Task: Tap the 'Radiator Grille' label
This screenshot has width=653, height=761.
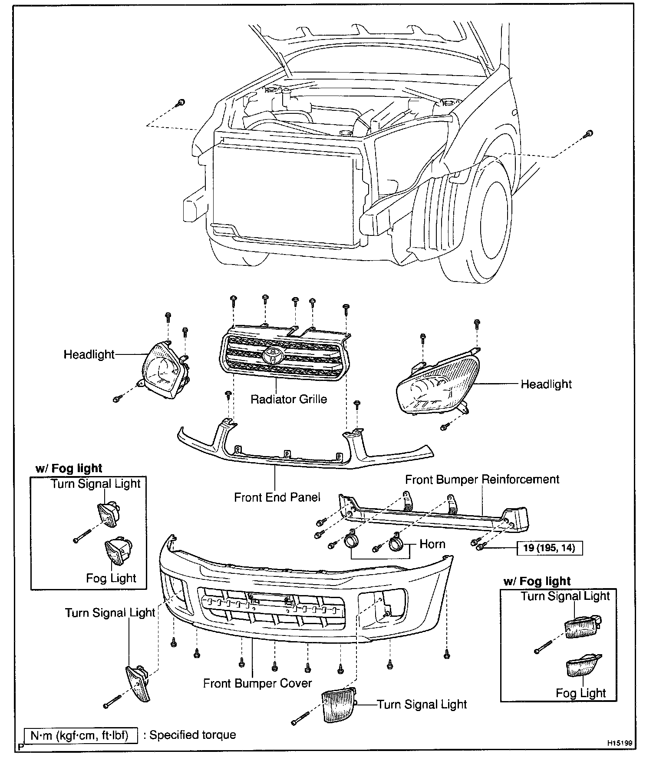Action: point(289,399)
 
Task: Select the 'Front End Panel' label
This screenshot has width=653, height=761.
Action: point(277,497)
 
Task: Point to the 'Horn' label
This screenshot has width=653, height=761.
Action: point(432,544)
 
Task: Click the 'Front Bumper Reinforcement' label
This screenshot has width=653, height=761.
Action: point(482,480)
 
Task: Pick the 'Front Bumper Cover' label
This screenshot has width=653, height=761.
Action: point(257,683)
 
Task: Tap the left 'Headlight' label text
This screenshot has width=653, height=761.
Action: point(89,354)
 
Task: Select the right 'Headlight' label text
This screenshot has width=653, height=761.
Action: point(546,384)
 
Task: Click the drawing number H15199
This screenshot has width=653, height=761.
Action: point(620,743)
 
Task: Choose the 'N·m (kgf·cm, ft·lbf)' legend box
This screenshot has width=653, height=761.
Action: point(81,735)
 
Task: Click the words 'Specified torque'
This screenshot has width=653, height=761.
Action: point(192,735)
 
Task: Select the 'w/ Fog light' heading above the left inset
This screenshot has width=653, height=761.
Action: point(69,468)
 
